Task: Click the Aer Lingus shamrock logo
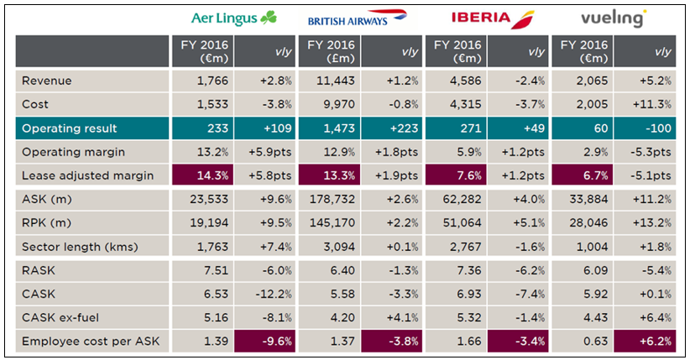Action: click(233, 18)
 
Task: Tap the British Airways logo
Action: click(358, 18)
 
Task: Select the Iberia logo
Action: click(493, 19)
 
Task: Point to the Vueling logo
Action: click(614, 18)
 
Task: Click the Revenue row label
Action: click(46, 81)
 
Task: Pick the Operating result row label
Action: click(70, 128)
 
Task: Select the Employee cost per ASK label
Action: click(91, 342)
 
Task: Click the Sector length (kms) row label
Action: click(80, 247)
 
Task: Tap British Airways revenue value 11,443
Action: click(336, 81)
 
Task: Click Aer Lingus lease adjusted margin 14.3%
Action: click(212, 175)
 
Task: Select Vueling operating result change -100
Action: click(658, 128)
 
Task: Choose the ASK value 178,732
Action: click(332, 200)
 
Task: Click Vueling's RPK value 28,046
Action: click(588, 223)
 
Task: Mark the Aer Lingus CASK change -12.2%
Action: click(274, 294)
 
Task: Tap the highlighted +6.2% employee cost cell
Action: click(645, 342)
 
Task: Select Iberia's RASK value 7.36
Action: click(469, 270)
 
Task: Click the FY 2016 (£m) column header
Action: click(331, 51)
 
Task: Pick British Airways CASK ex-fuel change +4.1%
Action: click(402, 318)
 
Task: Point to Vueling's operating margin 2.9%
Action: click(595, 152)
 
